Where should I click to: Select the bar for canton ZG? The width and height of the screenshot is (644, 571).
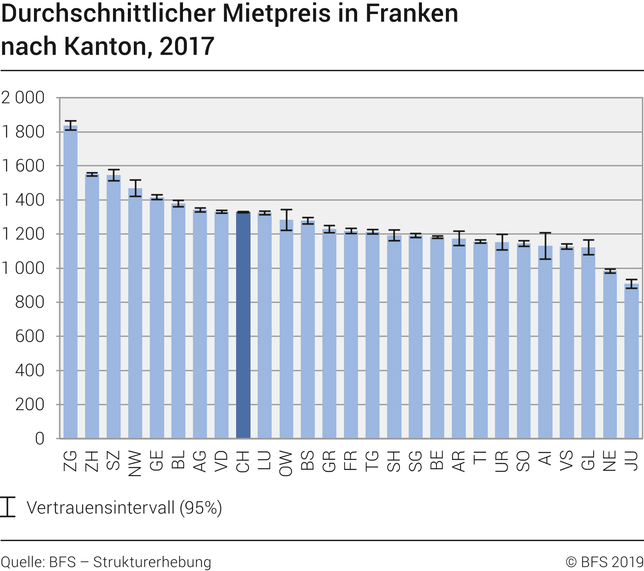pos(71,282)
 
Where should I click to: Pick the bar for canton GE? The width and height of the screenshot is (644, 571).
pos(157,318)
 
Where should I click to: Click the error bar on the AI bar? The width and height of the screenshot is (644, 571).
pos(545,246)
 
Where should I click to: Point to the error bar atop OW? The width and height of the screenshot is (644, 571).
pos(286,220)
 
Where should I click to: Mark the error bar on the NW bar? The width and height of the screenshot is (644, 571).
pos(135,188)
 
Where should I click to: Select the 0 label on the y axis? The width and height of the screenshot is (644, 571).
pos(40,439)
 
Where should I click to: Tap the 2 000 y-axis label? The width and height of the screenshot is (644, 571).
pos(23,97)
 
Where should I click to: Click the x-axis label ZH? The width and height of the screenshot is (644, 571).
pos(92,461)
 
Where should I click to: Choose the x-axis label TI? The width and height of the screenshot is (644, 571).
pos(480,458)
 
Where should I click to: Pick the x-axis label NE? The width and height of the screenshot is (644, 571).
pos(610,461)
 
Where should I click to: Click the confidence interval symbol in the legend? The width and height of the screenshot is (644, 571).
pos(7,507)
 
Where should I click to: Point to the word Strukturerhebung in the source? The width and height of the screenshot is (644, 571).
pos(152,562)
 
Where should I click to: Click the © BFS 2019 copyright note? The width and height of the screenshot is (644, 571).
pos(604,562)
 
